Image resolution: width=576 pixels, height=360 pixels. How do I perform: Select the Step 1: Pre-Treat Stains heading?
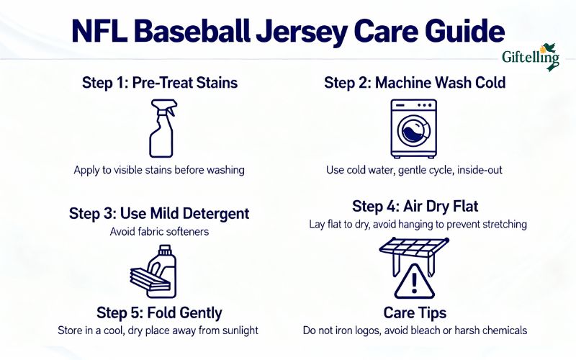159,83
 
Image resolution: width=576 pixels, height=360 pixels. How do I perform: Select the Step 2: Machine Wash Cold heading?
414,83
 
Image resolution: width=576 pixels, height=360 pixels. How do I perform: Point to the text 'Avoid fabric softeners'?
159,232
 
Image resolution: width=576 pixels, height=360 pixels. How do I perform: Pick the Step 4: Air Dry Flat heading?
414,206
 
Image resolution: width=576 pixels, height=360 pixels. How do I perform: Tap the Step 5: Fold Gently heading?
159,313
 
